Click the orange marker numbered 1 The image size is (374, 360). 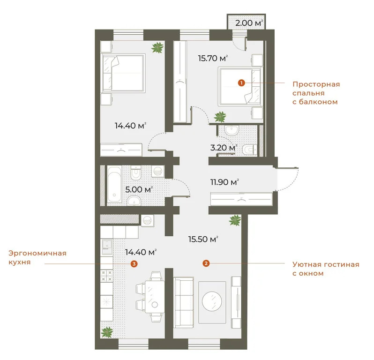(x=241, y=83)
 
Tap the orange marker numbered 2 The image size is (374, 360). (x=206, y=263)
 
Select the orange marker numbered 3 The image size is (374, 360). (x=135, y=264)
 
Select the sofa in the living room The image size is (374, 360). (x=183, y=301)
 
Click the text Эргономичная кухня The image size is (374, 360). (x=37, y=258)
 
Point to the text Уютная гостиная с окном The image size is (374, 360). (x=325, y=269)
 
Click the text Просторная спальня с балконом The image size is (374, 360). (x=315, y=93)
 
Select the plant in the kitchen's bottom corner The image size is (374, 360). (x=108, y=332)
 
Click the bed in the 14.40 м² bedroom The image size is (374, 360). (x=123, y=73)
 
